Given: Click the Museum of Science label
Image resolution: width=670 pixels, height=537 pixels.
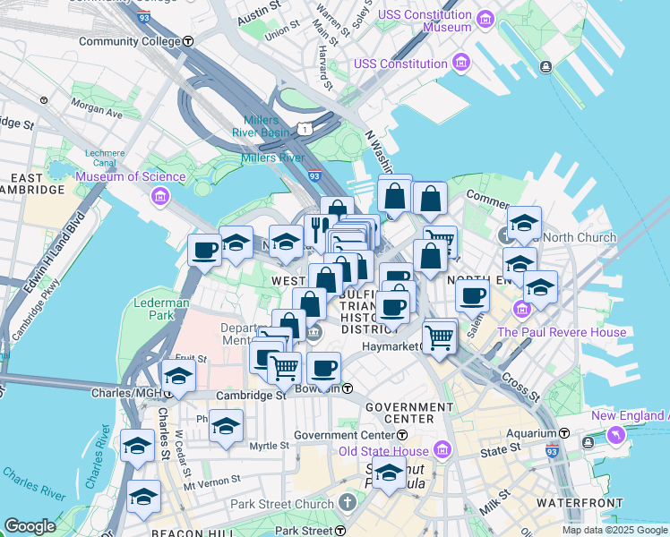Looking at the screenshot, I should click(130, 176).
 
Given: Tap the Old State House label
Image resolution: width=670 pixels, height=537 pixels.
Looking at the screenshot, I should click(385, 449).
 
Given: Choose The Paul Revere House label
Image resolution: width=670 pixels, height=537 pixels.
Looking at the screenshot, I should click(562, 332).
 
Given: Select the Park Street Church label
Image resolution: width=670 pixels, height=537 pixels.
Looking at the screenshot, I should click(281, 504).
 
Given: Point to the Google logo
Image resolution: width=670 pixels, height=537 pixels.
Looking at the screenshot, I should click(30, 526).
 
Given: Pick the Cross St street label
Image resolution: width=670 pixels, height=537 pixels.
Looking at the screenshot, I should click(520, 387).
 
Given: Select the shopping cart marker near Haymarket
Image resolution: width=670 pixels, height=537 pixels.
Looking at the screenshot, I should click(440, 337).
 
